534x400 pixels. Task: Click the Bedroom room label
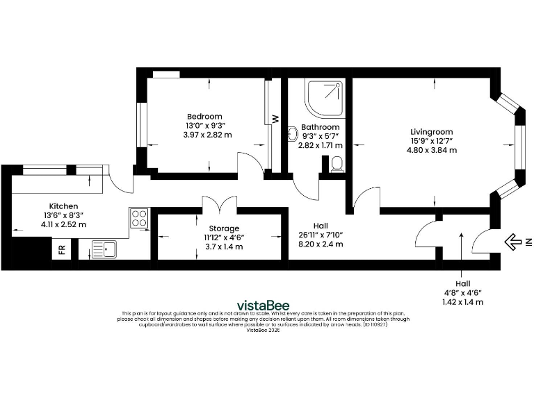pos(204,116)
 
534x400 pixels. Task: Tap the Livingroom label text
pos(431,131)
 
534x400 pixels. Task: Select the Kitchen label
pos(63,206)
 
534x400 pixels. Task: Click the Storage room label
pos(224,228)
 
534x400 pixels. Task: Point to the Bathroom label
pos(320,127)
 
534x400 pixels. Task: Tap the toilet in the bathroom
pos(337,164)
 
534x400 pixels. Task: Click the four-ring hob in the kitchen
pos(139,219)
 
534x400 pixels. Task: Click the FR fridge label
pos(62,249)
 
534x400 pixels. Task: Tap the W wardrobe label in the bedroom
pos(275,119)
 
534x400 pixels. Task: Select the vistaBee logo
pos(264,305)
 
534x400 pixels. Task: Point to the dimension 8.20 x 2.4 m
pos(321,244)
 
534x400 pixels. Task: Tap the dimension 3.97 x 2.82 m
pos(207,135)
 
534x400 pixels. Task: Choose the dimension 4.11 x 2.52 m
pos(63,224)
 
